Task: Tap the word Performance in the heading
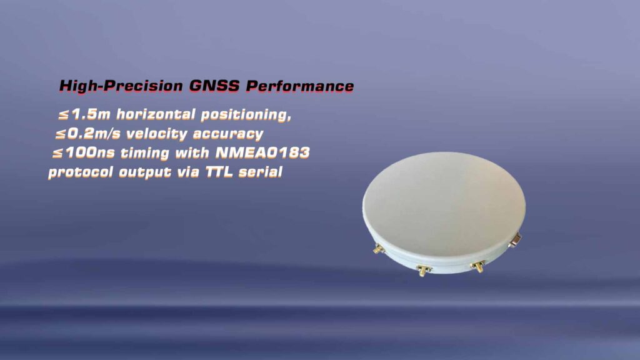(x=300, y=86)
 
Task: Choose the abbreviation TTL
(x=221, y=172)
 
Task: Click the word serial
(x=265, y=172)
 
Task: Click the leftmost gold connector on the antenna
(x=378, y=249)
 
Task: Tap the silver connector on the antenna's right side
(x=516, y=239)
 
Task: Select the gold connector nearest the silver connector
(x=479, y=266)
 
